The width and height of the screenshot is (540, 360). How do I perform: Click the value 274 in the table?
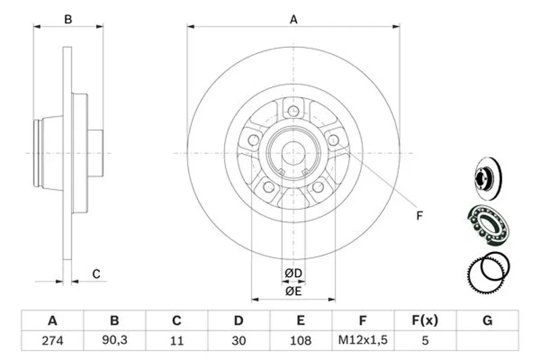point(53,340)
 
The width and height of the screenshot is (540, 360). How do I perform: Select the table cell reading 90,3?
point(114,340)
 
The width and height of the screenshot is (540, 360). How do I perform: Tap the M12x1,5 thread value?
point(362,340)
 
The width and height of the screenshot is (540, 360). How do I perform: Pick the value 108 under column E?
point(300,340)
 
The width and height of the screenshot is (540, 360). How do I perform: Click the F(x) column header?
point(425,321)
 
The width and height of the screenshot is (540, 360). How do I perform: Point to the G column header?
point(487,321)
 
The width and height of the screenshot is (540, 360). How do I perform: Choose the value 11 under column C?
point(177,340)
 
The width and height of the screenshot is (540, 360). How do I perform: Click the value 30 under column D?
point(239,340)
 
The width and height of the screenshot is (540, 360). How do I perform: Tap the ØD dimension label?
point(294,274)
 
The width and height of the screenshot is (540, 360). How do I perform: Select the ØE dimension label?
point(294,292)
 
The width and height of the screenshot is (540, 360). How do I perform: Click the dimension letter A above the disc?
point(294,20)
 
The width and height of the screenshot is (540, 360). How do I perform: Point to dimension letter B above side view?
point(68,20)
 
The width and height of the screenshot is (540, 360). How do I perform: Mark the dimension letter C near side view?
point(96,274)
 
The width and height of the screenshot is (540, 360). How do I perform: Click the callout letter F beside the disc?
point(419,216)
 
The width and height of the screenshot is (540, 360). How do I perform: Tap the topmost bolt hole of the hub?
point(294,111)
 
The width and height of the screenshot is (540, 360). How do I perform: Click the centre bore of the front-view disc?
point(294,153)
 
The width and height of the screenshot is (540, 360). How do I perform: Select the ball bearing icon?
point(488,226)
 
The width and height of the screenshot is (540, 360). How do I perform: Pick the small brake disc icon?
point(488,178)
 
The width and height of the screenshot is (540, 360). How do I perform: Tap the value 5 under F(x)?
point(425,340)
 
